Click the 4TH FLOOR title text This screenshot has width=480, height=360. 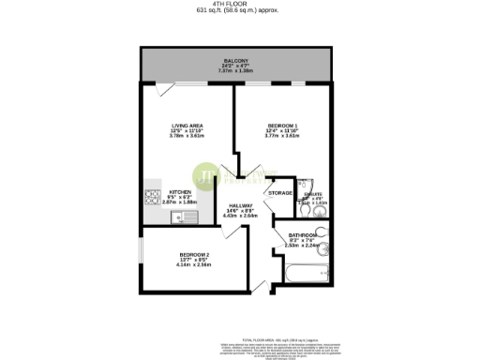tap(239, 5)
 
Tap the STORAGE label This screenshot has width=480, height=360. tap(280, 193)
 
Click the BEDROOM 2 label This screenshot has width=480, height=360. tap(194, 254)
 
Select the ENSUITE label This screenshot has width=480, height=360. tap(312, 195)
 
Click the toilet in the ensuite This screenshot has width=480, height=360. tap(311, 184)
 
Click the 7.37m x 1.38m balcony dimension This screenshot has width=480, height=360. tap(236, 70)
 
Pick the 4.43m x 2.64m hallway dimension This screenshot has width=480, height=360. tap(241, 215)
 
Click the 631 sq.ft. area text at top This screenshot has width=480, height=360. tap(239, 11)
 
